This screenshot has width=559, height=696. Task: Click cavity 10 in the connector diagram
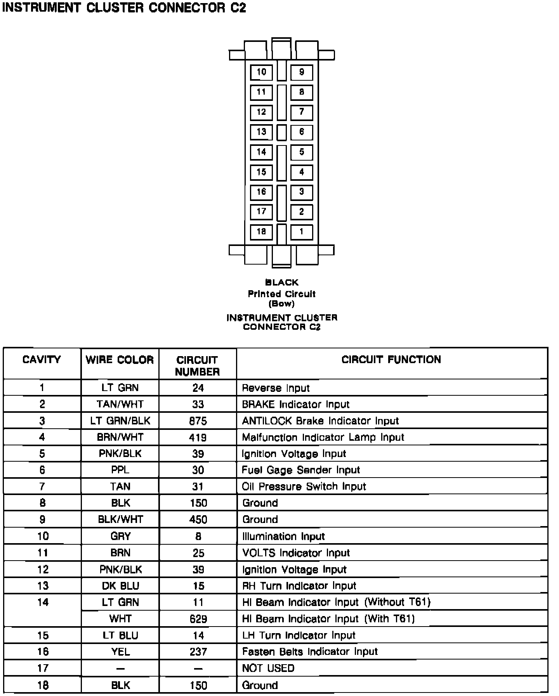coord(261,72)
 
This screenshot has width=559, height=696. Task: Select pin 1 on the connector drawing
coord(302,232)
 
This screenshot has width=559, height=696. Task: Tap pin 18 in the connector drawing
coord(261,232)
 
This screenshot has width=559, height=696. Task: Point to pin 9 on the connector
coord(302,72)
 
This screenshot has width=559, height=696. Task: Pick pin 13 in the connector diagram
coord(261,132)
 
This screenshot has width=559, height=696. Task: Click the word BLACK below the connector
coord(282,282)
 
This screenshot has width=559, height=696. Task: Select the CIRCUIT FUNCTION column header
coord(391,360)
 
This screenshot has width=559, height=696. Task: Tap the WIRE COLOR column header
coord(120,360)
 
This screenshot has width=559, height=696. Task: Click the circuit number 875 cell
coord(198,421)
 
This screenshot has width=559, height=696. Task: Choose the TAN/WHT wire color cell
coord(120,404)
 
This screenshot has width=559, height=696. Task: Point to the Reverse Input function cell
coord(276,388)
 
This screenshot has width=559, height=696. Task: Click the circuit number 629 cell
coord(198,619)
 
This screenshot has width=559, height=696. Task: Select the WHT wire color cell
coord(120,619)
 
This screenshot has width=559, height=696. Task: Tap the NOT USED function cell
coord(268,668)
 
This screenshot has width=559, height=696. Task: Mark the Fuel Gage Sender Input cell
coord(301,470)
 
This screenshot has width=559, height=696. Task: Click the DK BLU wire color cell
coord(120,586)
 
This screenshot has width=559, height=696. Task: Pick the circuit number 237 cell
coord(198,652)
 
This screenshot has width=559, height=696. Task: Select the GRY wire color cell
coord(120,536)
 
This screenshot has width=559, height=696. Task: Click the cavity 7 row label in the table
coord(42,487)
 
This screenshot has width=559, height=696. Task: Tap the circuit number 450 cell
coord(198,519)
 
